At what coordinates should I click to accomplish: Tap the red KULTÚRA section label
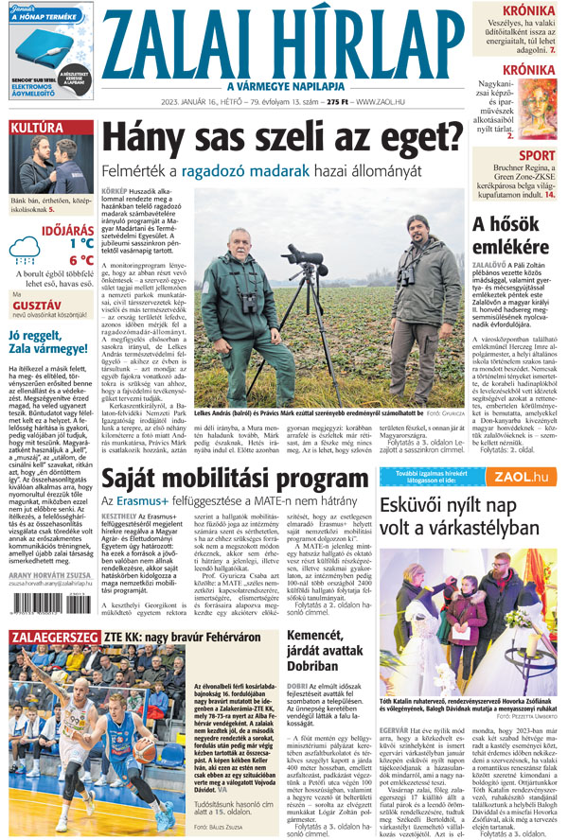(37, 128)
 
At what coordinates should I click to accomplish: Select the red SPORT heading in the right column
(537, 156)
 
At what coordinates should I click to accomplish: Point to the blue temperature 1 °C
(80, 243)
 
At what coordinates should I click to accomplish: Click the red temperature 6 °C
(80, 260)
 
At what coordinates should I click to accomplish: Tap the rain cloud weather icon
(27, 253)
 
